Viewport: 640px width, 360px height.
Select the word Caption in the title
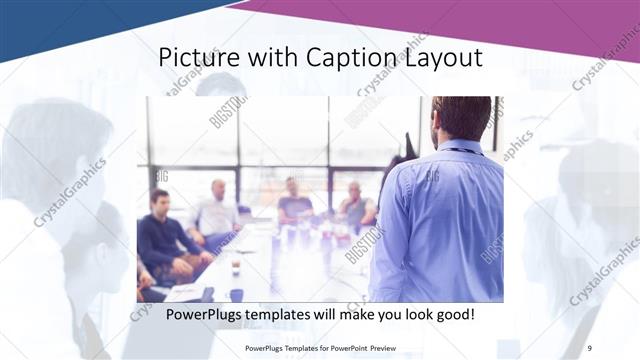[339, 58]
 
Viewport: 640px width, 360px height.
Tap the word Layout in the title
[441, 58]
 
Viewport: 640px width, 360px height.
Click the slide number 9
[588, 347]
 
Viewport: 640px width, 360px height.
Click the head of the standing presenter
[462, 118]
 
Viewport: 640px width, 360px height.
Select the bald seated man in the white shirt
[217, 210]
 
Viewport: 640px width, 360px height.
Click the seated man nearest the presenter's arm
[355, 205]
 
